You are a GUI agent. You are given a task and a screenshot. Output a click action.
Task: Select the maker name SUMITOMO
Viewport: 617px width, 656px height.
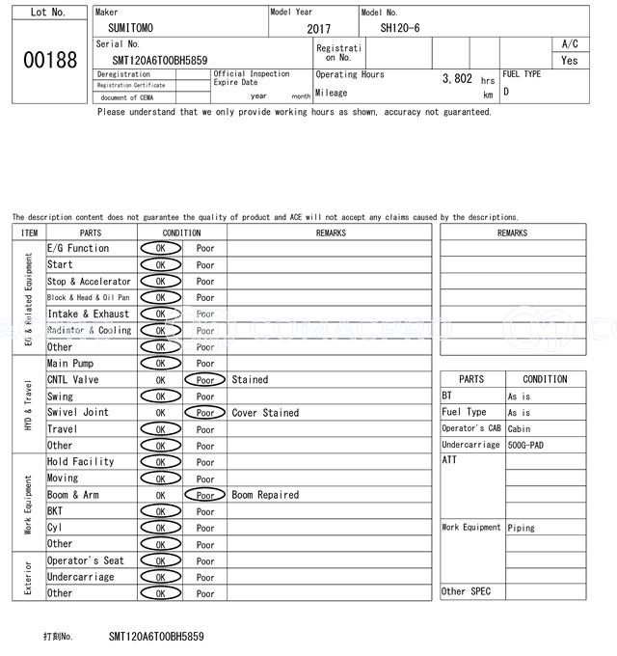(129, 28)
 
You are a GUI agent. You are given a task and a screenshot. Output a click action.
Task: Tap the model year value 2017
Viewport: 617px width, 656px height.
(318, 29)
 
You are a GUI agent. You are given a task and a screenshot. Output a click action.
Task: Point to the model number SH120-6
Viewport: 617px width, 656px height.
(400, 28)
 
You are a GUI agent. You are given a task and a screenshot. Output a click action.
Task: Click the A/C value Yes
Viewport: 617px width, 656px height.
(570, 60)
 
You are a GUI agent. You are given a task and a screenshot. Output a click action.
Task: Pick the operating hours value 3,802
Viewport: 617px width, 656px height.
(457, 78)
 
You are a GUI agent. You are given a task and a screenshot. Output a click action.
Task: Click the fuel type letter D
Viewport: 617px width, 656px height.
(506, 92)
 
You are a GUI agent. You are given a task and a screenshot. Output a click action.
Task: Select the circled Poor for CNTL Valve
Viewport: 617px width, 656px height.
(205, 380)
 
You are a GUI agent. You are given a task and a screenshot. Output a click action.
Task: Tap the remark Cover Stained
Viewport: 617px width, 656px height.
(265, 413)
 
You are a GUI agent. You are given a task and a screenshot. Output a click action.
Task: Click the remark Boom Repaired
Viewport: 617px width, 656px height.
(265, 495)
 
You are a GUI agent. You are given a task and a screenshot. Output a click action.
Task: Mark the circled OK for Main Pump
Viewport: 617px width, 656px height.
(160, 364)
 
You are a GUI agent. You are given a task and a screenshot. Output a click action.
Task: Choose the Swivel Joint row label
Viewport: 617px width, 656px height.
(78, 412)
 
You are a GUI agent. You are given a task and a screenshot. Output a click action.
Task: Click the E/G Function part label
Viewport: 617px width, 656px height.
(78, 248)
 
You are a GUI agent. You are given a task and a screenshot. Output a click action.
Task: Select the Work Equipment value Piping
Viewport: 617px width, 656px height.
(522, 528)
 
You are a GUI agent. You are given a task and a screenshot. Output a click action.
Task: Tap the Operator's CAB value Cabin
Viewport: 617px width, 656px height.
(519, 428)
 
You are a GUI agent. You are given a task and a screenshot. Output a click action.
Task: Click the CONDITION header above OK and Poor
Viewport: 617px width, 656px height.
(181, 232)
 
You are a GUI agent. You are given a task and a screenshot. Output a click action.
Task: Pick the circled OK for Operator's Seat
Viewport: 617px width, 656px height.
(160, 560)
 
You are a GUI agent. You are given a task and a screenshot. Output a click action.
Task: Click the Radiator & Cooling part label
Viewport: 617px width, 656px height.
(89, 330)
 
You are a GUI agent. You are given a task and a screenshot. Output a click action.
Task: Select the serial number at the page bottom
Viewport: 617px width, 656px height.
(156, 637)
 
